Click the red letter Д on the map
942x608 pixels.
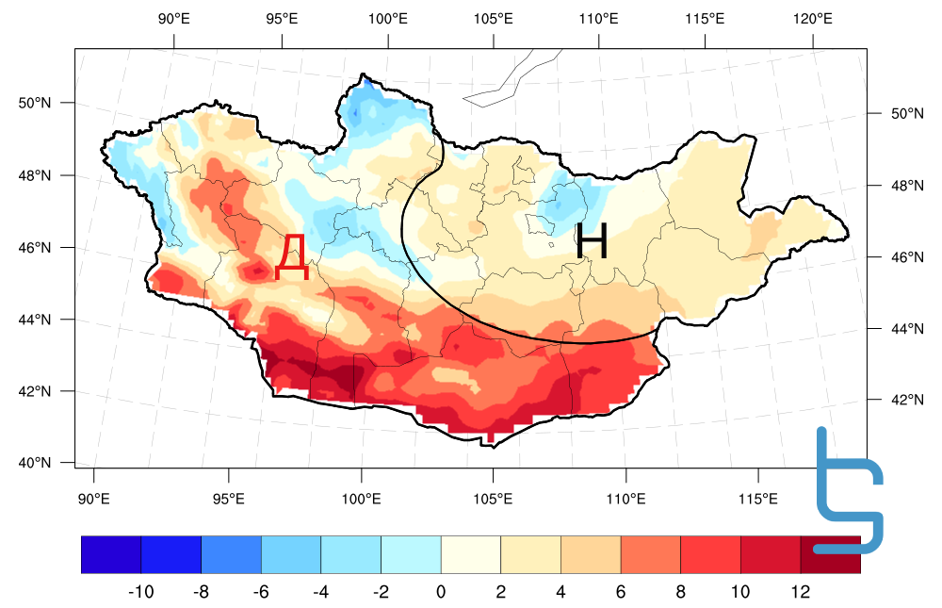pyautogui.click(x=292, y=257)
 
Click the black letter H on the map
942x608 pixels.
pyautogui.click(x=592, y=241)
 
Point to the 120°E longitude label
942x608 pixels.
pyautogui.click(x=812, y=18)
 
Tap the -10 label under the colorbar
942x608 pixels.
pyautogui.click(x=140, y=592)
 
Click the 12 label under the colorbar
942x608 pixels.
pyautogui.click(x=801, y=592)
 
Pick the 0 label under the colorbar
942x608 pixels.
pyautogui.click(x=441, y=592)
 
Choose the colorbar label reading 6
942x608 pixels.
pyautogui.click(x=621, y=592)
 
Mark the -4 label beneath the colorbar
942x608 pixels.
pyautogui.click(x=320, y=592)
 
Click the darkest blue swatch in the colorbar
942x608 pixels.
pyautogui.click(x=111, y=554)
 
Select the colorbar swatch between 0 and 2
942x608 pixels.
pyautogui.click(x=471, y=554)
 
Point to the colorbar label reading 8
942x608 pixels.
pyautogui.click(x=681, y=592)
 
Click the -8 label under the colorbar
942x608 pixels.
pyautogui.click(x=201, y=592)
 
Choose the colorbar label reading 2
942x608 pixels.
pyautogui.click(x=501, y=592)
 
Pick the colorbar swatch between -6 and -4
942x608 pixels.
pyautogui.click(x=291, y=554)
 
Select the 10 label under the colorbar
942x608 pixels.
pyautogui.click(x=740, y=592)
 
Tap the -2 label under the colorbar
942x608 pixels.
pyautogui.click(x=381, y=592)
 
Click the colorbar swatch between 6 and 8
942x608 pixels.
pyautogui.click(x=651, y=554)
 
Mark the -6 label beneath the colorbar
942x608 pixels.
pyautogui.click(x=261, y=592)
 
